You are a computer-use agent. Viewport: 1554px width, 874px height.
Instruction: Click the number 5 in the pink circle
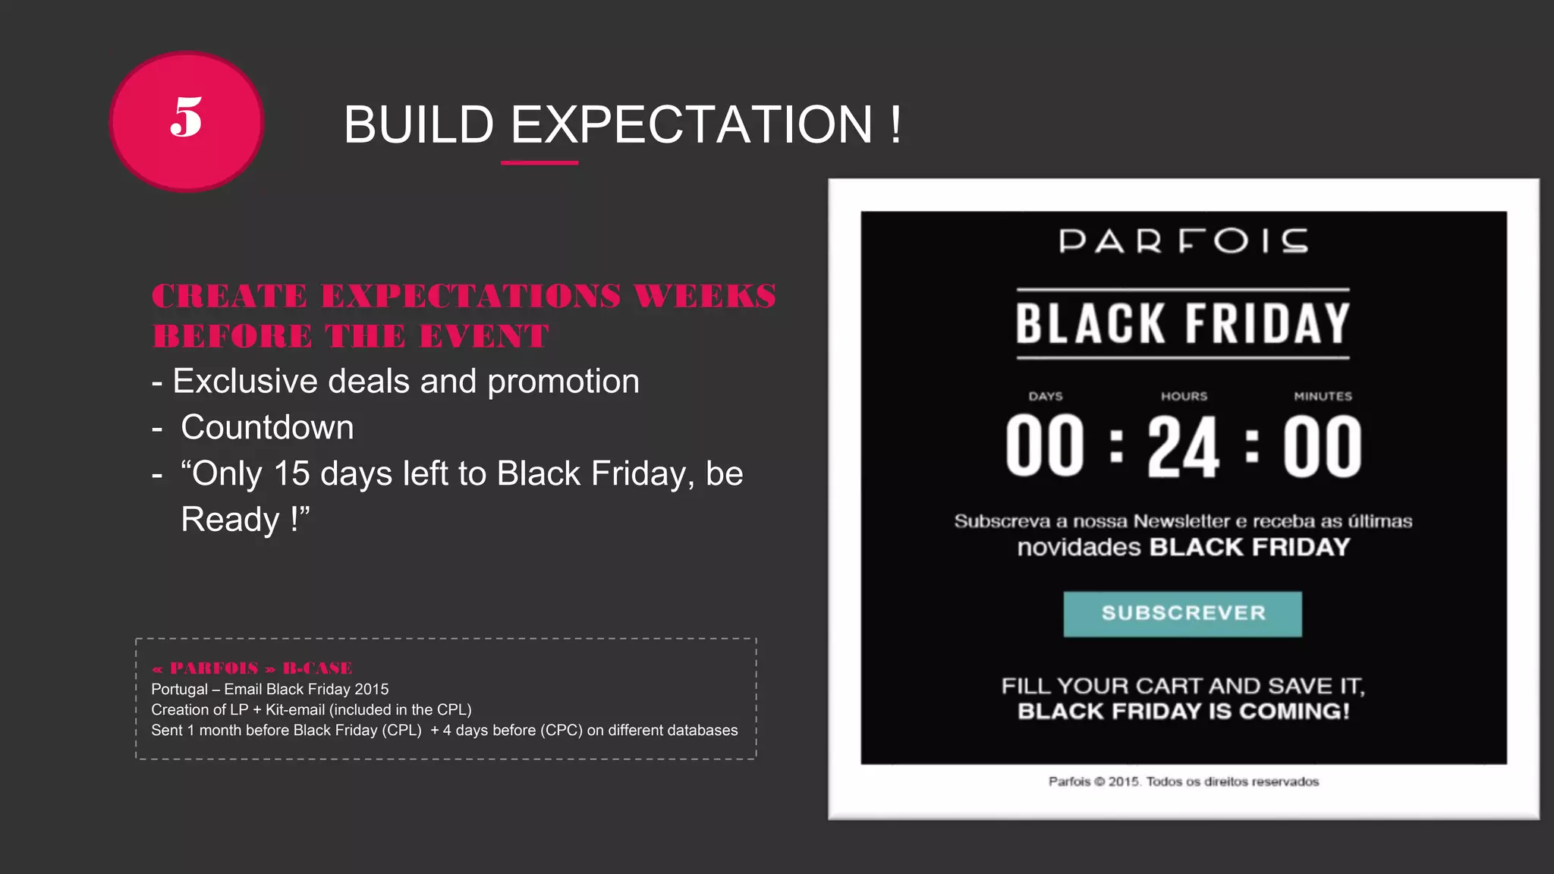click(x=186, y=118)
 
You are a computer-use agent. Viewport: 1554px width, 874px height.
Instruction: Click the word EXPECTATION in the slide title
click(x=691, y=124)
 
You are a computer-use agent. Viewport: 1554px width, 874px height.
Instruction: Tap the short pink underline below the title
click(x=539, y=162)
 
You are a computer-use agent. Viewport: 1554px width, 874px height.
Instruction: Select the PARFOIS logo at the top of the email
click(x=1183, y=241)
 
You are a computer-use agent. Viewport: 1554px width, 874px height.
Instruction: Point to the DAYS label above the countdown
click(x=1045, y=396)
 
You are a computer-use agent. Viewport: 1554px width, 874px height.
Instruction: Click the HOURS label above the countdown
click(x=1184, y=396)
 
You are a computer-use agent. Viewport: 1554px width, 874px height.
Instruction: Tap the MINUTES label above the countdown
click(x=1323, y=396)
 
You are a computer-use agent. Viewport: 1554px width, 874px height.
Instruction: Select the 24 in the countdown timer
click(x=1183, y=448)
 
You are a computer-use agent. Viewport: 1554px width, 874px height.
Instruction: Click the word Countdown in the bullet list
click(x=267, y=427)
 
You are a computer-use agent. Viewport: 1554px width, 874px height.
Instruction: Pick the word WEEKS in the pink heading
click(x=705, y=296)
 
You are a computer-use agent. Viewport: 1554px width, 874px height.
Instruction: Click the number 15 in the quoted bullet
click(x=291, y=473)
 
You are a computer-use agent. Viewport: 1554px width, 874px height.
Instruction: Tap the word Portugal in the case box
click(x=179, y=689)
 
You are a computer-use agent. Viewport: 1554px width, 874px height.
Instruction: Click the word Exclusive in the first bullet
click(x=244, y=381)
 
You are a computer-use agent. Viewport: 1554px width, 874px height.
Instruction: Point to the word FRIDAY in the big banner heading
click(x=1267, y=324)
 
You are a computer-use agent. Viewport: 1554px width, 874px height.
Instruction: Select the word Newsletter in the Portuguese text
click(x=1181, y=521)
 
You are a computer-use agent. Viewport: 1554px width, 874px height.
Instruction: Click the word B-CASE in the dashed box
click(x=317, y=668)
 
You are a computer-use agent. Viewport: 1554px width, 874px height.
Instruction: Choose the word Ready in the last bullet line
click(x=231, y=520)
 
